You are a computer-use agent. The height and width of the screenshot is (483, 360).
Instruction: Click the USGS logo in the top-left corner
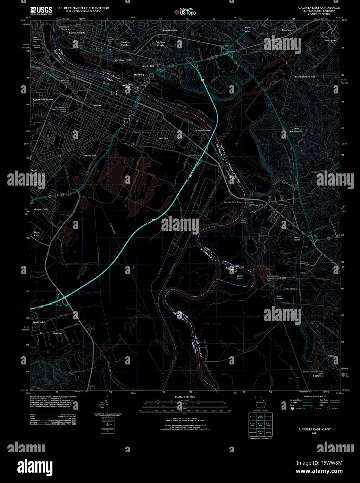click(41, 11)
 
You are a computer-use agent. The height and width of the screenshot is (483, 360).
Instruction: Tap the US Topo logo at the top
click(185, 11)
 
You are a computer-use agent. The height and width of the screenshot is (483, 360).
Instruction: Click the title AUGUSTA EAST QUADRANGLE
click(318, 8)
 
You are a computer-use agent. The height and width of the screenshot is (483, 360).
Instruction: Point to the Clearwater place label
click(287, 30)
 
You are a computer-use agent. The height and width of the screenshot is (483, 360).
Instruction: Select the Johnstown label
click(330, 40)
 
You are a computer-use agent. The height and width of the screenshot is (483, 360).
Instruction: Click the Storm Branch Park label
click(305, 76)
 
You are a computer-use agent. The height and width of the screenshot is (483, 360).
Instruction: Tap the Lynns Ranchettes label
click(296, 130)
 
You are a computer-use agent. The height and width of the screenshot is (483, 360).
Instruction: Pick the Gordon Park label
click(90, 155)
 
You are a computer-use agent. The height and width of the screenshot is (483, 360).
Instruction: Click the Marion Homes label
click(203, 130)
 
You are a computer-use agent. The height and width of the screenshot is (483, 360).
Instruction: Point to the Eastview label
click(163, 138)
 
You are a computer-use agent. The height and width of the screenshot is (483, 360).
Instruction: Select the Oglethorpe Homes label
click(43, 100)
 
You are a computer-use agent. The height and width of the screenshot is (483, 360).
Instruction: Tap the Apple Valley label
click(39, 322)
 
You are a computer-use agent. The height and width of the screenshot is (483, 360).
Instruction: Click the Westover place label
click(57, 333)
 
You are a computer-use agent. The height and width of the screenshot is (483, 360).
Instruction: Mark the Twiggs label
click(331, 355)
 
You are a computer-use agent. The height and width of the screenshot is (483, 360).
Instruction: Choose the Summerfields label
click(170, 31)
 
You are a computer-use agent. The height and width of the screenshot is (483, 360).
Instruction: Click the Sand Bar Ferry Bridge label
click(233, 202)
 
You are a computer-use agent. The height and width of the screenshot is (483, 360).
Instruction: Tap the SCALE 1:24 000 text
click(185, 397)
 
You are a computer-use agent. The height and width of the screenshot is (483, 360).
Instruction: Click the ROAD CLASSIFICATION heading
click(315, 396)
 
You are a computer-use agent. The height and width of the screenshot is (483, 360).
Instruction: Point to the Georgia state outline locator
click(260, 402)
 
